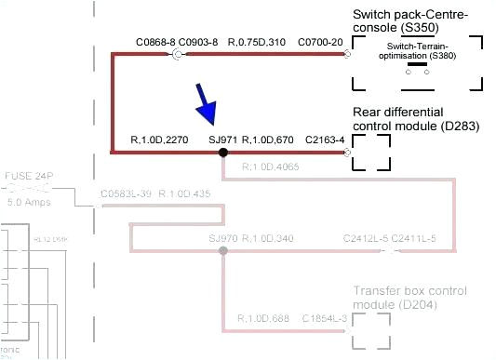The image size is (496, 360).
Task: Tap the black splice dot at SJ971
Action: pos(223,151)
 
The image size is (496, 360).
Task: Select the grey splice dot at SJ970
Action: pos(222,251)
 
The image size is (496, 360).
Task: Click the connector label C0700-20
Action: pos(321,43)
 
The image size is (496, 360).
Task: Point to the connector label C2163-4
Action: pos(325,140)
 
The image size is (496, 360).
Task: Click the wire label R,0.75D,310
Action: pos(259,43)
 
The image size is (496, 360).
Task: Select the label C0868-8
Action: pos(154,43)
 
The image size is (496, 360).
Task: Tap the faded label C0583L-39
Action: pos(127,194)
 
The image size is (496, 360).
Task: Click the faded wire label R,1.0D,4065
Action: pos(271,167)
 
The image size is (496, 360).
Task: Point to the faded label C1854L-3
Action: pos(325,319)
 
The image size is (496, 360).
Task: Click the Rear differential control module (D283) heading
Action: pos(415,119)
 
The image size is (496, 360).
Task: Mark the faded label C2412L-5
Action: pos(366,239)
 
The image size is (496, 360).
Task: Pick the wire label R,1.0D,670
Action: pos(268,140)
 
